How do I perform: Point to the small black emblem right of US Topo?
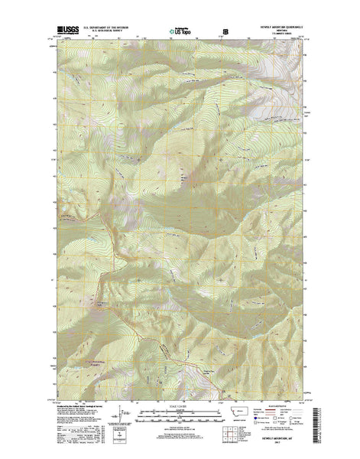pyautogui.click(x=225, y=32)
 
